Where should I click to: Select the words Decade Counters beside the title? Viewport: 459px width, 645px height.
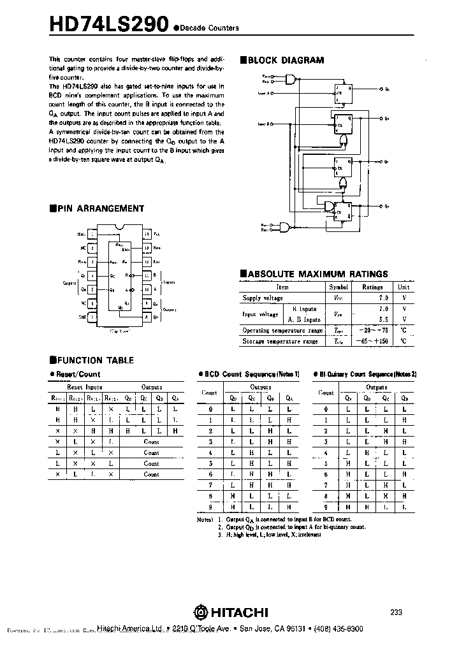pos(208,28)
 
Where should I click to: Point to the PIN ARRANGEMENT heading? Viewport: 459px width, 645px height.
pos(101,208)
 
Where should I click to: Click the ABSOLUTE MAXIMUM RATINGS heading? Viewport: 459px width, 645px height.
pos(317,274)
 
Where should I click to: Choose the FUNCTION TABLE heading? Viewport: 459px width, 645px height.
pos(95,360)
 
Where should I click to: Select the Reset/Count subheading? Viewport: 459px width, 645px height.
pos(78,374)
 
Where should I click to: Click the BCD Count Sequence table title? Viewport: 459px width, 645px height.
pos(252,374)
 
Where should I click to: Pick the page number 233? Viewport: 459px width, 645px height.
pos(397,612)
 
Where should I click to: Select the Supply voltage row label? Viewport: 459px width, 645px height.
pos(263,298)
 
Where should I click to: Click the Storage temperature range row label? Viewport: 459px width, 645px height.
pos(280,342)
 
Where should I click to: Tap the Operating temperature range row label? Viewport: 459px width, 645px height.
pos(282,331)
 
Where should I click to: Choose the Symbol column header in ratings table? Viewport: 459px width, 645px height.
pos(339,287)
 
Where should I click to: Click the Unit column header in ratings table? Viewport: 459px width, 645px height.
pos(404,287)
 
